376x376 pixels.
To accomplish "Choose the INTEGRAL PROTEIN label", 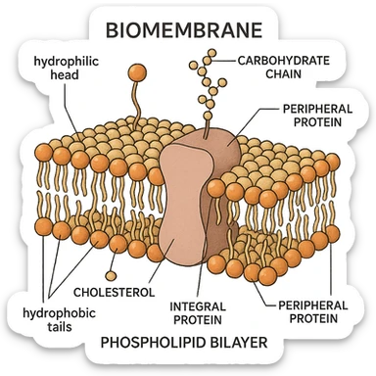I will pos(198,312).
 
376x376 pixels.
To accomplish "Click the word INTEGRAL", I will pos(198,305).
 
